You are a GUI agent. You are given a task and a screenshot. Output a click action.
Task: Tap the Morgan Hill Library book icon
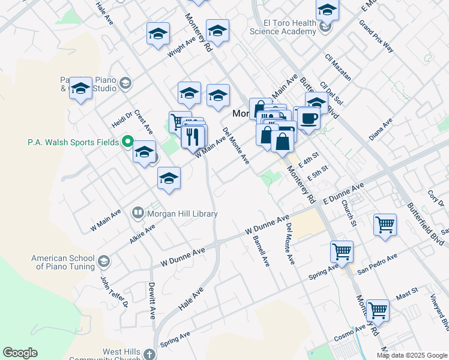tap(138, 213)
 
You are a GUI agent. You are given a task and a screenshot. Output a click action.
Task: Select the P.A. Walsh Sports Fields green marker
tap(127, 142)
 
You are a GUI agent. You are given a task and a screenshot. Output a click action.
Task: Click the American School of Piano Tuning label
tap(63, 262)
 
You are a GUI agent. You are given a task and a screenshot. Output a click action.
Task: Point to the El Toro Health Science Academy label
tap(283, 27)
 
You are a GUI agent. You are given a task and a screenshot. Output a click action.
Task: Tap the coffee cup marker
tap(309, 118)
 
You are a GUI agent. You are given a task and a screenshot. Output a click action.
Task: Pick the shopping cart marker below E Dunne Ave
tap(385, 224)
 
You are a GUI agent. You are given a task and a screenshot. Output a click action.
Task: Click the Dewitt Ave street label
tap(152, 300)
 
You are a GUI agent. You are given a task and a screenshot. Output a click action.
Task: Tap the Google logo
tap(20, 353)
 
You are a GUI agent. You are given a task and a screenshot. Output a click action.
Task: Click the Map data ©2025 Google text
tap(412, 355)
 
